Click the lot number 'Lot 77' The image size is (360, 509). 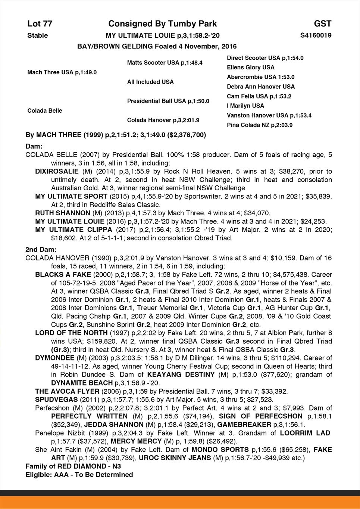40,24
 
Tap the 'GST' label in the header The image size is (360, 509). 322,24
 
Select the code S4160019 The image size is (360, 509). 316,35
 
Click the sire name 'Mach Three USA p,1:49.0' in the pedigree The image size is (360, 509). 62,72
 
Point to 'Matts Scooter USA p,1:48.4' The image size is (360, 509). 165,63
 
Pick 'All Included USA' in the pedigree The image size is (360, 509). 150,82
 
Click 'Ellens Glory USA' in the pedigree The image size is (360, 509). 250,68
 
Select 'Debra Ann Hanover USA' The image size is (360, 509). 260,87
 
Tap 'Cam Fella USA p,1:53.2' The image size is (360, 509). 259,96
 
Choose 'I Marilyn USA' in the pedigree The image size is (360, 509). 245,106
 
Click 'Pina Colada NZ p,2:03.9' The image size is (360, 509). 260,125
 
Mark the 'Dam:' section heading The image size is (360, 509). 34,146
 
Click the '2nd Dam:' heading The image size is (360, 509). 41,249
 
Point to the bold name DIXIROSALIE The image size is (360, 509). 57,172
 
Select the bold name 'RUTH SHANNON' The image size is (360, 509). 63,213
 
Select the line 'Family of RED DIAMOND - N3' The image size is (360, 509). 73,466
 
